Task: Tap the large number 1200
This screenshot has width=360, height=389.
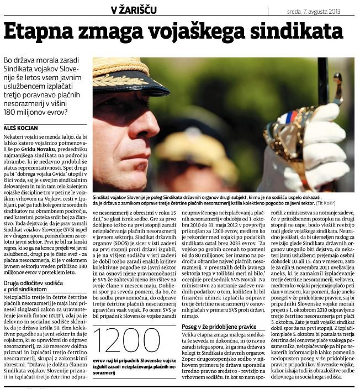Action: [121, 341]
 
